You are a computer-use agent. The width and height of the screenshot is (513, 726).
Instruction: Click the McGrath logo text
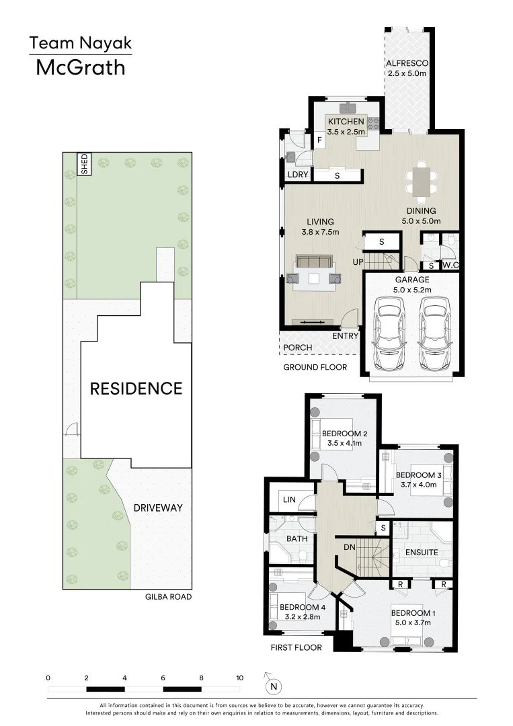coord(80,67)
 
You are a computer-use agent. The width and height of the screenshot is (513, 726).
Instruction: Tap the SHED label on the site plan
coord(85,164)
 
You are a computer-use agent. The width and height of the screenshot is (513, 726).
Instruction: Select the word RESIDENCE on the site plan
coord(136,389)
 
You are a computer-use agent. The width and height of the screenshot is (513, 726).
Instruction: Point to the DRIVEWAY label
coord(158,508)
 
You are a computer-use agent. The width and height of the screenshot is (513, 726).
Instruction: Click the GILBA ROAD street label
coord(163,596)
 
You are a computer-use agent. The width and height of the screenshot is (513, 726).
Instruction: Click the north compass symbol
coord(273,686)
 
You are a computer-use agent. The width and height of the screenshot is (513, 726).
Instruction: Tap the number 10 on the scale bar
coord(239,678)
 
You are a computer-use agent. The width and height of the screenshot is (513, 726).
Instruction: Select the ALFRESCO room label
coord(407,64)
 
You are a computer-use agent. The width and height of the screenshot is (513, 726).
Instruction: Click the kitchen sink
coord(349,108)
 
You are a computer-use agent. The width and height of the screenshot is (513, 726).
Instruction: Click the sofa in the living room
coord(314,262)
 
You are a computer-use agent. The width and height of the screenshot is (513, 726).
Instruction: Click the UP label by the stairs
coord(359,261)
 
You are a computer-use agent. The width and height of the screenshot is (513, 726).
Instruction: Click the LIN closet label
coord(290,501)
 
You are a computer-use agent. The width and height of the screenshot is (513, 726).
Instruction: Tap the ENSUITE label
coord(422,553)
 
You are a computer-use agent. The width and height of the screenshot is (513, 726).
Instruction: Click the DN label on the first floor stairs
coord(350,548)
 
